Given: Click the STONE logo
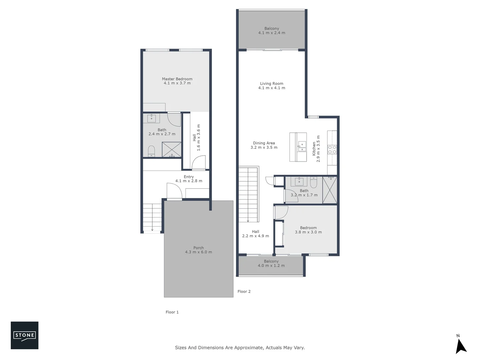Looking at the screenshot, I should [x=24, y=335].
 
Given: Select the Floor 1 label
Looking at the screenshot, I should [x=172, y=312].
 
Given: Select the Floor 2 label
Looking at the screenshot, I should [x=244, y=291].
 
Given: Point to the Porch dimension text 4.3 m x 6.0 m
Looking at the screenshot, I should [x=198, y=252].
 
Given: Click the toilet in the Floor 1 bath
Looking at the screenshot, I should [x=151, y=151].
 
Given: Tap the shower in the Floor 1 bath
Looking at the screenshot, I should [x=172, y=149].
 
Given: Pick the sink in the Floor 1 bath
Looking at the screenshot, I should [x=152, y=118].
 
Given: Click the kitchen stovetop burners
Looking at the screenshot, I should [x=332, y=149].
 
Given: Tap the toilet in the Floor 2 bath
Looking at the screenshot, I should [x=313, y=182].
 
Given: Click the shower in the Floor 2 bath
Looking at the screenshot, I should [x=330, y=190].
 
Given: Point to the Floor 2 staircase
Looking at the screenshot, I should [x=248, y=195].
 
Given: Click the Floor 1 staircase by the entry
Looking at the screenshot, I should [x=152, y=217].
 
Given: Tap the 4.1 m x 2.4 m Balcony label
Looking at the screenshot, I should [x=272, y=31].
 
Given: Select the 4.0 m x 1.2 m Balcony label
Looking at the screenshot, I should [x=271, y=264].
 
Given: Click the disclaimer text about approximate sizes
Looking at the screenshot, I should [x=240, y=348].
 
